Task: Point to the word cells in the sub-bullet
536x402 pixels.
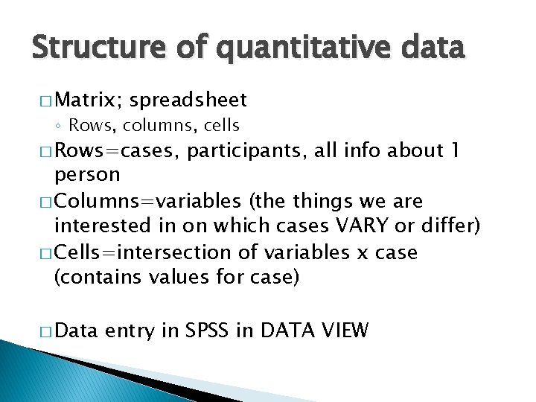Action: (x=217, y=125)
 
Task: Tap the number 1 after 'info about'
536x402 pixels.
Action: (x=456, y=151)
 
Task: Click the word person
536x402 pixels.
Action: (x=87, y=175)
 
